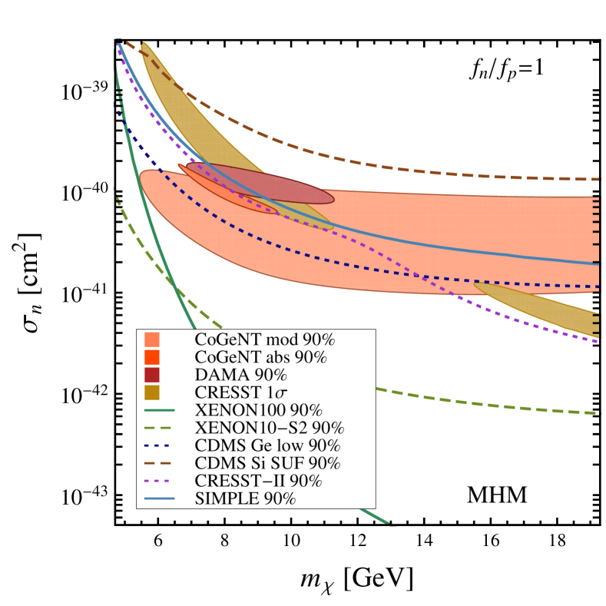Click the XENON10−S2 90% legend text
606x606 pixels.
coord(270,428)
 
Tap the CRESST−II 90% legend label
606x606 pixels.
coord(258,481)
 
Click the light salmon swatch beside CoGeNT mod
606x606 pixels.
coord(152,339)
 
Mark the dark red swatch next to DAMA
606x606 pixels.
coord(152,375)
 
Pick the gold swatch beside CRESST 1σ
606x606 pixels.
coord(152,392)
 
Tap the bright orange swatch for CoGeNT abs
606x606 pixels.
coord(152,357)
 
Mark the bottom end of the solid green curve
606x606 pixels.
coord(390,525)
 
